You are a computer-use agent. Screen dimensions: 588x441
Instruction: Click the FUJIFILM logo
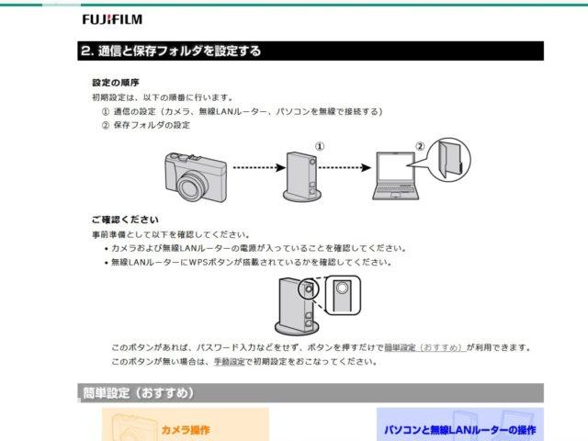[x=112, y=19]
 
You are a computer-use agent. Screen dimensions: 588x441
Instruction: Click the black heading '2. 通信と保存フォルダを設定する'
[x=171, y=51]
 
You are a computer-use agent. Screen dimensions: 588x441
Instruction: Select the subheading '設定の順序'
[x=116, y=83]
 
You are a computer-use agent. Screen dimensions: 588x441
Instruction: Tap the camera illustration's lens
[x=193, y=187]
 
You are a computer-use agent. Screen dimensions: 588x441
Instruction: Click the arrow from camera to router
[x=259, y=167]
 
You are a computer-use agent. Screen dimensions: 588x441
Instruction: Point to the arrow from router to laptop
[x=345, y=167]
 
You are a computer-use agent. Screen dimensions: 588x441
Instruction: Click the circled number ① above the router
[x=320, y=146]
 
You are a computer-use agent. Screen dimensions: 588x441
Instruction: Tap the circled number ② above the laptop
[x=420, y=146]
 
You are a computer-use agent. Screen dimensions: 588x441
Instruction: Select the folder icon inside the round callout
[x=450, y=159]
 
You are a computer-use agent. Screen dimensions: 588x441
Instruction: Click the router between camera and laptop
[x=302, y=176]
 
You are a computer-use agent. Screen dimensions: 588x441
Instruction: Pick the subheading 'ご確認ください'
[x=125, y=220]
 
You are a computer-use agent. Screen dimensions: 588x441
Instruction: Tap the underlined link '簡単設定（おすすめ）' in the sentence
[x=425, y=347]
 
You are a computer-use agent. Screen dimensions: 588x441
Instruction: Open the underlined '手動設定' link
[x=229, y=362]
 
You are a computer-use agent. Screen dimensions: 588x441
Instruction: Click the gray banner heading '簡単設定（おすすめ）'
[x=138, y=393]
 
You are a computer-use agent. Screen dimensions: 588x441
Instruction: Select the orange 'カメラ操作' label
[x=186, y=430]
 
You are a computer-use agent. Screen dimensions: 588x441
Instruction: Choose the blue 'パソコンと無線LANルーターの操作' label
[x=459, y=430]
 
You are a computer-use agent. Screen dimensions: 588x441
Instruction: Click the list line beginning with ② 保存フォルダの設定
[x=146, y=125]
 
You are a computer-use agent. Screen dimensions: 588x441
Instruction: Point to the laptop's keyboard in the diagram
[x=396, y=189]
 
